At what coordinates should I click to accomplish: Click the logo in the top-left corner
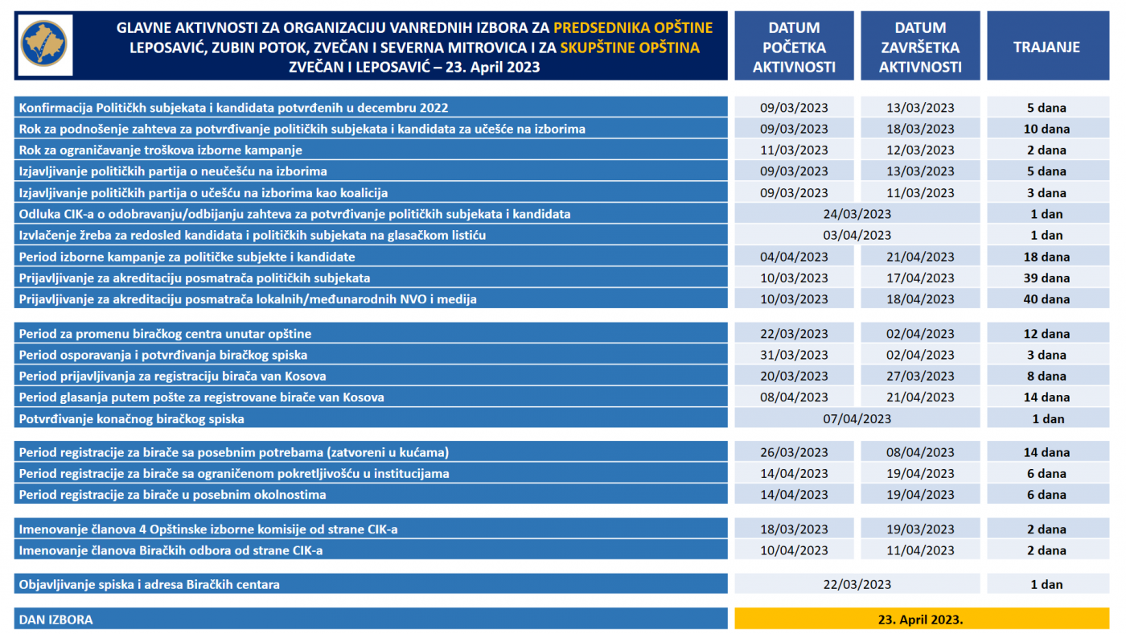(x=44, y=45)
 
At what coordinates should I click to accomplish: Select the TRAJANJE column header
(x=1046, y=47)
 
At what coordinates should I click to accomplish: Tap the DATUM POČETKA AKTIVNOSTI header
(x=794, y=47)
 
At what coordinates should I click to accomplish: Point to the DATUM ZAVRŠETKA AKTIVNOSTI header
(x=920, y=47)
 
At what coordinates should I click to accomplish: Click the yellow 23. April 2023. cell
(x=921, y=620)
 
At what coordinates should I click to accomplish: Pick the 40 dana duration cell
(x=1048, y=299)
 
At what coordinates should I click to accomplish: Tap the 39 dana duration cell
(x=1048, y=278)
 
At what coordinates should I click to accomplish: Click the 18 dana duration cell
(x=1048, y=257)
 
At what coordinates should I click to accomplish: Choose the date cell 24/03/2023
(x=857, y=214)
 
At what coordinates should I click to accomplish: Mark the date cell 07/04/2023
(x=857, y=418)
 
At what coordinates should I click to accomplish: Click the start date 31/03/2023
(x=794, y=355)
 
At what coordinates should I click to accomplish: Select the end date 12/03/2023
(x=920, y=150)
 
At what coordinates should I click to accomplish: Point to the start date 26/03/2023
(x=794, y=452)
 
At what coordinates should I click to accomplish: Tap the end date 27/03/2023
(x=920, y=376)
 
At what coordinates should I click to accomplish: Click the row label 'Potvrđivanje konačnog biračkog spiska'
(x=131, y=418)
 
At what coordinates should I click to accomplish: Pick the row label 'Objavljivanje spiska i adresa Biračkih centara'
(x=149, y=585)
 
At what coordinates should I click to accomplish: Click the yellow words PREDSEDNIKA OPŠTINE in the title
(x=633, y=28)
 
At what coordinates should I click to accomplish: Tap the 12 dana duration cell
(x=1048, y=334)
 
